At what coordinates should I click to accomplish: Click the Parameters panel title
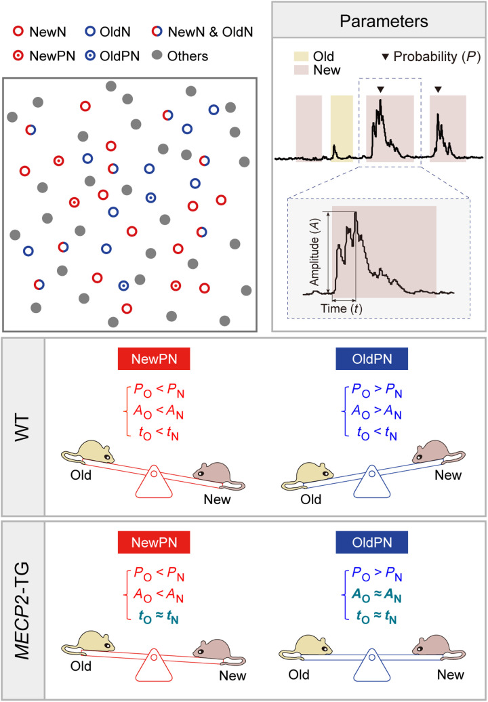coord(379,20)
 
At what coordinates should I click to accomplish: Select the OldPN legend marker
coord(90,55)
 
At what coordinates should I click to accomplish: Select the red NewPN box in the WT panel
coord(153,360)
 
